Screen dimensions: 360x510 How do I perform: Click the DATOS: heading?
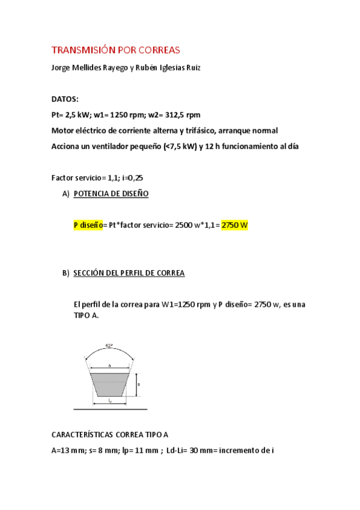pos(65,99)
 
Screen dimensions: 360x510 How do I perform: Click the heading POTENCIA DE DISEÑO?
pos(111,194)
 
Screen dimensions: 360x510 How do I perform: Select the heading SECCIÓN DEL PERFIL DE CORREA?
pos(129,273)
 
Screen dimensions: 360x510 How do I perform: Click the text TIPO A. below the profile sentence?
pos(86,315)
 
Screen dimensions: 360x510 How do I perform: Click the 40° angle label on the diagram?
pos(109,346)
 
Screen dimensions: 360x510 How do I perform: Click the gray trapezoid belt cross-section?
pos(109,384)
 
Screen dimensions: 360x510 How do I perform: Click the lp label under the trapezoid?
pos(109,400)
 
